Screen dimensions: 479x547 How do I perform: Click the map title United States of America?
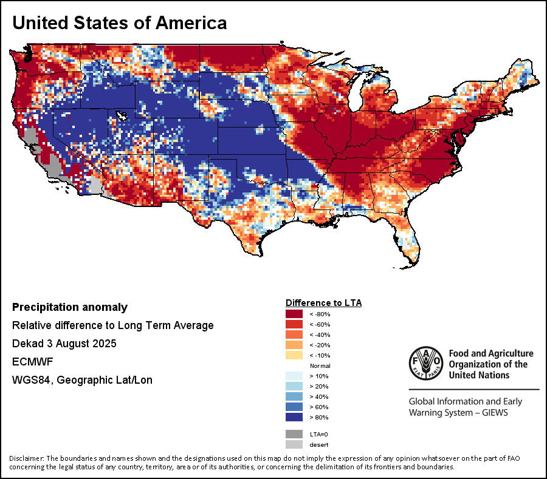click(120, 23)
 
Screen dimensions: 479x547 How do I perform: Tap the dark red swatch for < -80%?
click(295, 314)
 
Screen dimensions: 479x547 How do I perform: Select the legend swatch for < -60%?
click(295, 324)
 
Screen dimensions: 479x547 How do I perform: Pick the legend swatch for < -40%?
click(295, 335)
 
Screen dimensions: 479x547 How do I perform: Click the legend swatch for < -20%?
click(295, 345)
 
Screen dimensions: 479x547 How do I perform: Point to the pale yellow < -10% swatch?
click(295, 355)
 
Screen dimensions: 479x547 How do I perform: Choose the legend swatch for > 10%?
click(295, 376)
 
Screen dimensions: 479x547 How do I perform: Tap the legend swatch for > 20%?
click(295, 386)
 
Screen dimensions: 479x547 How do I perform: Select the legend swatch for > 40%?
click(295, 396)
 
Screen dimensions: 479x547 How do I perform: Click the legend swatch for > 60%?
click(295, 407)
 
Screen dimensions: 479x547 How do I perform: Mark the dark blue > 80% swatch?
click(295, 417)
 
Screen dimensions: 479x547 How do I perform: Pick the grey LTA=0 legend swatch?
click(295, 434)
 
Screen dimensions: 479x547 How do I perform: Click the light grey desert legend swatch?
click(295, 444)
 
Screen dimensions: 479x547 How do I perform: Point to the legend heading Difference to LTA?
click(323, 302)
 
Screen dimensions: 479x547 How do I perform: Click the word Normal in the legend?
click(320, 365)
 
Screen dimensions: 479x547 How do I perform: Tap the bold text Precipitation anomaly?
click(70, 307)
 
